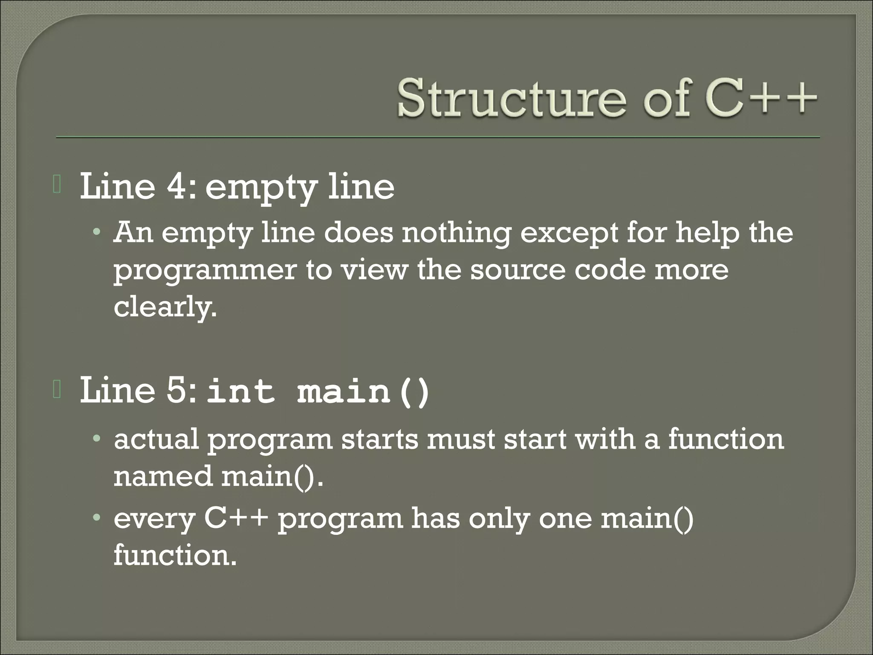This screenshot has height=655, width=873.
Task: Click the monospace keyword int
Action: click(240, 392)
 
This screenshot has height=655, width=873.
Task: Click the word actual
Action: click(156, 440)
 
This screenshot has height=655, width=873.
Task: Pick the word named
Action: click(163, 476)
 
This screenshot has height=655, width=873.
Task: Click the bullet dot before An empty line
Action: click(98, 233)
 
